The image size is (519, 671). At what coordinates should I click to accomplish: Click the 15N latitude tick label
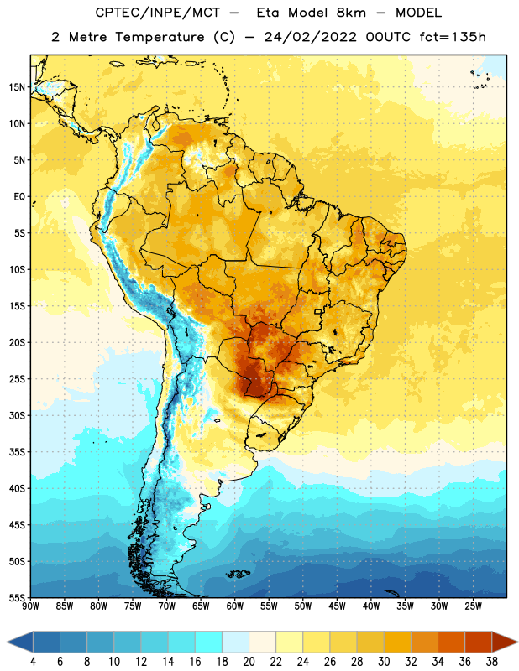pos(17,87)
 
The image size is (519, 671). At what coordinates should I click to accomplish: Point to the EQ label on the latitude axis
pos(19,197)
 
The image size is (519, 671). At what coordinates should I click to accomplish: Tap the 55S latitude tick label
pos(17,598)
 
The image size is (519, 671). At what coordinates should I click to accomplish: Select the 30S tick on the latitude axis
pos(17,416)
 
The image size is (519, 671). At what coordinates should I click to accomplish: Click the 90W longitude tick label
pos(30,606)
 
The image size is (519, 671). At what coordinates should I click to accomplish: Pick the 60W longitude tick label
pos(235,606)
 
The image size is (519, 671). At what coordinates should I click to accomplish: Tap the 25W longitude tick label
pos(473,606)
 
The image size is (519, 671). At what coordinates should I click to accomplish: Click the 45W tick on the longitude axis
pos(337,606)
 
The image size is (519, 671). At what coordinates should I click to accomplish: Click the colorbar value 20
pos(249,662)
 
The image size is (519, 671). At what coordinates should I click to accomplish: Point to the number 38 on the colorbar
pos(491,662)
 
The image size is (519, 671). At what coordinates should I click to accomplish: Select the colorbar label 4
pos(33,662)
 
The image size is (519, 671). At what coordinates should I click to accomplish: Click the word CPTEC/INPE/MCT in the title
pos(158,13)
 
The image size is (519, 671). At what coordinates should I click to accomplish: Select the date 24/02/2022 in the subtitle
pos(310,37)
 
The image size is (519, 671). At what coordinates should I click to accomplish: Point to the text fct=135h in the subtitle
pos(453,37)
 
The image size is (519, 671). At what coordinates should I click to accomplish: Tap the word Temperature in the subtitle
pos(160,38)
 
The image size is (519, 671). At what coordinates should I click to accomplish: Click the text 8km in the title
pos(351,13)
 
